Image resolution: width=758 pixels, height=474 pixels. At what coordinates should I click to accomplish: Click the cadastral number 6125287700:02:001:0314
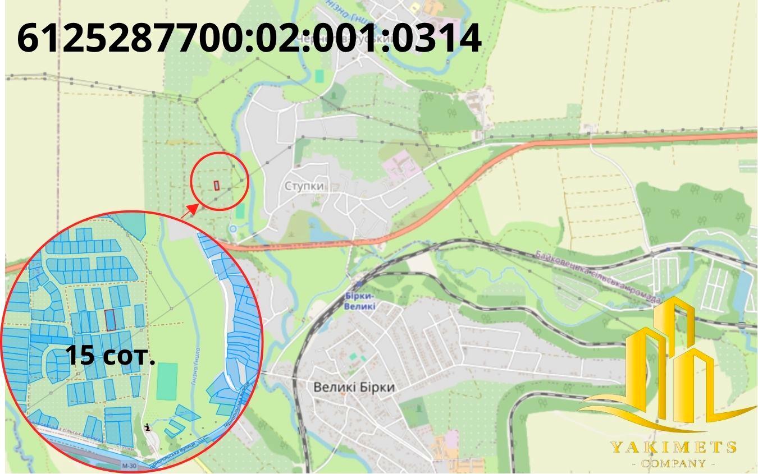249,38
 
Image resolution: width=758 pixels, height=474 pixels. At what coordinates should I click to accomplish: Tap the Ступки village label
304,186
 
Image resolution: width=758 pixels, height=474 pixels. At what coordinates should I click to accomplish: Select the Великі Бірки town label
354,387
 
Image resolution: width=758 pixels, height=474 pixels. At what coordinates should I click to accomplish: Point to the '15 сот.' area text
110,356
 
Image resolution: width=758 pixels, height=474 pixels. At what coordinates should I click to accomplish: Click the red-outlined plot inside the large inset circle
111,320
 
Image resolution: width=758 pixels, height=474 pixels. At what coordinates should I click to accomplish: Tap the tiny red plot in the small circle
217,185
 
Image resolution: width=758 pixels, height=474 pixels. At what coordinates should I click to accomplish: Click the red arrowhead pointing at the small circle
192,209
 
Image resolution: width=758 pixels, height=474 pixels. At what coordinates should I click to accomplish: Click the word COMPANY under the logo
673,463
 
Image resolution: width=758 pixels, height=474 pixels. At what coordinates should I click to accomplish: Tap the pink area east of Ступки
399,165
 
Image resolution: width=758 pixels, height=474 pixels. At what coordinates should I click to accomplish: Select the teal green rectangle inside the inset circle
167,381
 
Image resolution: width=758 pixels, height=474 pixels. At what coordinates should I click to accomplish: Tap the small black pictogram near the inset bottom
148,427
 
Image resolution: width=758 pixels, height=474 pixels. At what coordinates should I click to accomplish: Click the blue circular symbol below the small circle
233,229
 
